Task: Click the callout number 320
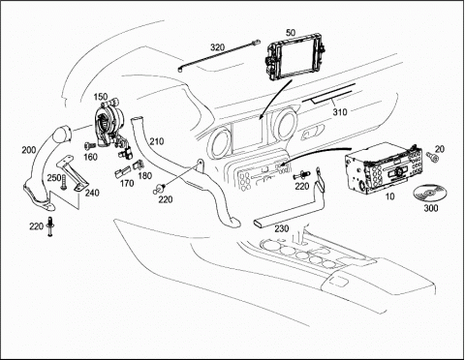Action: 217,47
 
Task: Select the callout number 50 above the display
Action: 291,33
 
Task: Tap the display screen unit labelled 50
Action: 294,59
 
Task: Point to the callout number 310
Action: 340,112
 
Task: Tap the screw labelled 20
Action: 432,157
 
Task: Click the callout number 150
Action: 101,97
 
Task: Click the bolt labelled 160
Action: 88,146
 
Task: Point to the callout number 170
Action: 127,183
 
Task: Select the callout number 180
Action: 145,176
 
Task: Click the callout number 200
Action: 29,150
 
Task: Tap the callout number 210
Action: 156,141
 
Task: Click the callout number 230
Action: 282,228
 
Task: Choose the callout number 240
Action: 92,193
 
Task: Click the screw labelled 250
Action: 63,182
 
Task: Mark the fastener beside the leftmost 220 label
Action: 50,226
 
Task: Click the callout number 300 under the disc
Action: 431,208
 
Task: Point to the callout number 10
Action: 390,196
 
